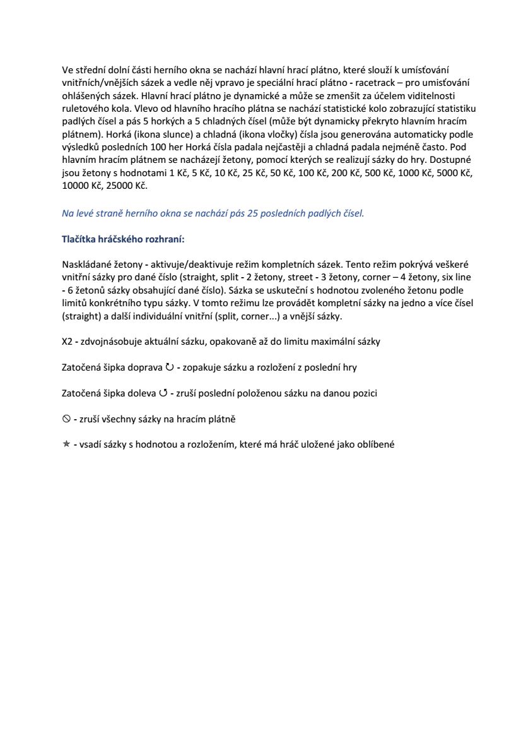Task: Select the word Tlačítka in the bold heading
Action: [79, 240]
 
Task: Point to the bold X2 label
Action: [68, 342]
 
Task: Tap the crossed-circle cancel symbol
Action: [66, 419]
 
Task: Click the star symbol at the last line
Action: [66, 444]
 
